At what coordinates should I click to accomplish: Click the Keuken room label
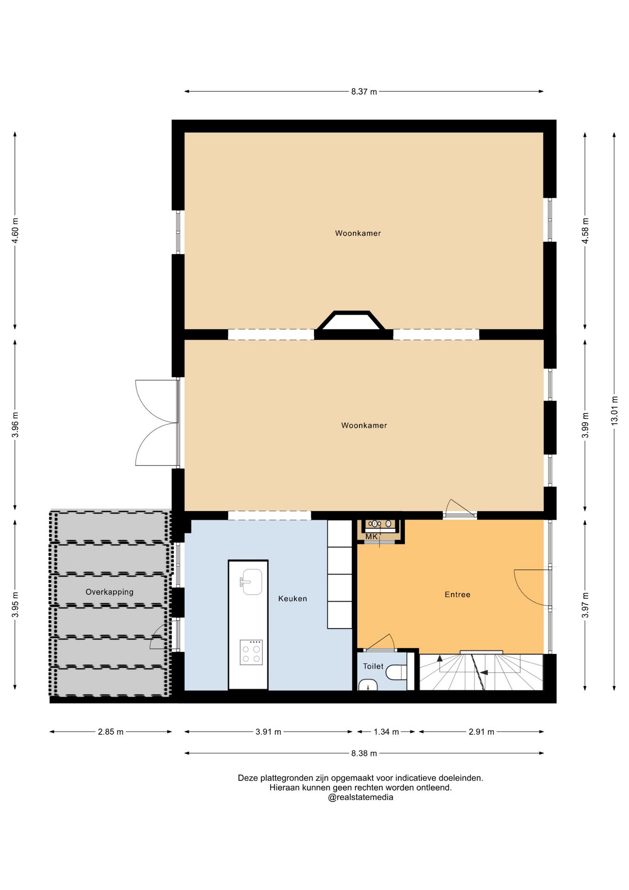[292, 598]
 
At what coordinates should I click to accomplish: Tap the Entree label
[457, 594]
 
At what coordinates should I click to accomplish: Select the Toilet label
[373, 666]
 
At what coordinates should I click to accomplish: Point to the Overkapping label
[109, 592]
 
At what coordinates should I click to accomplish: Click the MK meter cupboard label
[371, 537]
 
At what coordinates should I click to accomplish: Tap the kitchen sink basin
[252, 582]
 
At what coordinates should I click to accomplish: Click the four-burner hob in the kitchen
[251, 652]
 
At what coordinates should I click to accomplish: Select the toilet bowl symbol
[396, 672]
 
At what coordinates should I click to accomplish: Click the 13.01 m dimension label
[614, 411]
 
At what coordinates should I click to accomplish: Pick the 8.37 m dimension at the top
[364, 91]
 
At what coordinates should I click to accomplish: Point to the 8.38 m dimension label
[364, 753]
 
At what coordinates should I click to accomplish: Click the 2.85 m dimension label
[110, 732]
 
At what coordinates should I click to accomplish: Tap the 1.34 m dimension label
[386, 732]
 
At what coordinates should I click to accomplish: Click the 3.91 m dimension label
[268, 732]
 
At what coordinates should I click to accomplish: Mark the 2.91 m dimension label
[481, 732]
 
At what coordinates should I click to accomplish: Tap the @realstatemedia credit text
[360, 797]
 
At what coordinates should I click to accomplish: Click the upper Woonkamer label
[358, 233]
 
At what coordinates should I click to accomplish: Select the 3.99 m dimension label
[585, 425]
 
